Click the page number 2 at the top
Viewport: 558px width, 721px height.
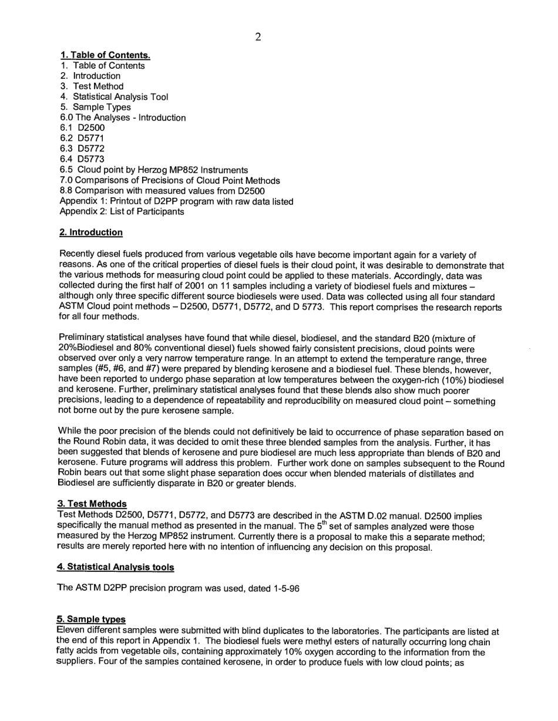click(x=258, y=38)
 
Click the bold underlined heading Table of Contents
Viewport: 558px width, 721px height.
click(x=105, y=56)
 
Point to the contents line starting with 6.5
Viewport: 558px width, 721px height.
click(x=154, y=170)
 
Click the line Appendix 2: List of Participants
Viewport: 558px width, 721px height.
click(x=122, y=212)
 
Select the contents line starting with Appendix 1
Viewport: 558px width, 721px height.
click(x=176, y=201)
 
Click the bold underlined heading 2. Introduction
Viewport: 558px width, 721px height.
click(x=91, y=233)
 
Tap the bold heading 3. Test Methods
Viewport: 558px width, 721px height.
click(x=93, y=504)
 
